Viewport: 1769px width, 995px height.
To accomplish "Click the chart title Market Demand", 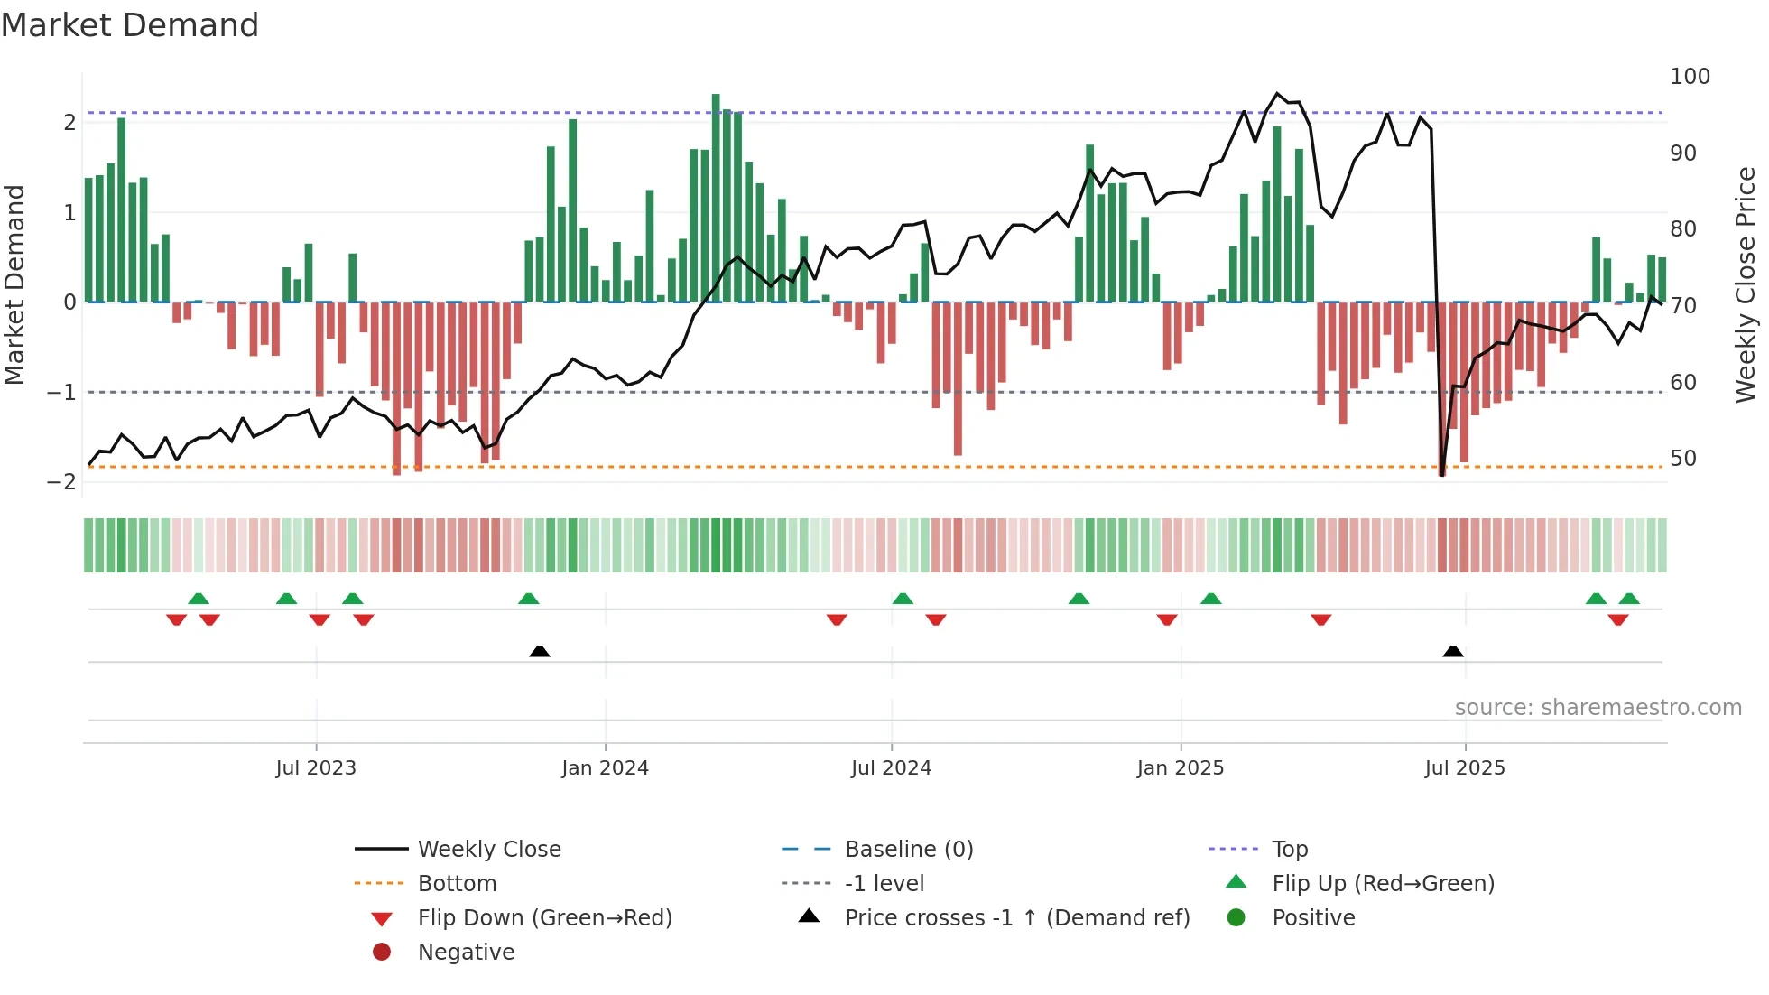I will (x=130, y=25).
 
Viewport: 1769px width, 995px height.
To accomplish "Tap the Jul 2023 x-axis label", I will (x=316, y=768).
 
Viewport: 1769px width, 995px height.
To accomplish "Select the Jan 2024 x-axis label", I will (x=605, y=768).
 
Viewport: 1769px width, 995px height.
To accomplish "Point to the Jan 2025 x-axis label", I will (x=1180, y=768).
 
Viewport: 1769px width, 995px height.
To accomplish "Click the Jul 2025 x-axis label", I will (x=1465, y=768).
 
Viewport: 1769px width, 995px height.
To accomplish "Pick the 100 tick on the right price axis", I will (x=1690, y=77).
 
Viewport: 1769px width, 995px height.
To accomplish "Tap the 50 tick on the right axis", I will (x=1682, y=459).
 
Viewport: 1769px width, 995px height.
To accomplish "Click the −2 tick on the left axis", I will (x=61, y=481).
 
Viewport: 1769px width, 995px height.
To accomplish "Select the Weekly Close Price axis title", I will (x=1746, y=284).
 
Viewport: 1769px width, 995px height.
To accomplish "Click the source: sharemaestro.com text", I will (x=1598, y=708).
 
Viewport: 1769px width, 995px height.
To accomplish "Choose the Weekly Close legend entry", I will (x=488, y=850).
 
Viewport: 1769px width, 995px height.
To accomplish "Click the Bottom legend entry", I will (x=457, y=884).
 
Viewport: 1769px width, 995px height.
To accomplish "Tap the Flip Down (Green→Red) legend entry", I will (x=544, y=918).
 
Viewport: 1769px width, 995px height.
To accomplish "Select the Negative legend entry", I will (x=466, y=953).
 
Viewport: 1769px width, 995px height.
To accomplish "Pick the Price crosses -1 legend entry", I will (x=1016, y=918).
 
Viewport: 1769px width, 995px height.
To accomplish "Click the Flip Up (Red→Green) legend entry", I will (x=1383, y=884).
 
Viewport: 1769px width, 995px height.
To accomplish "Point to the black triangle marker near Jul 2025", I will (x=1453, y=651).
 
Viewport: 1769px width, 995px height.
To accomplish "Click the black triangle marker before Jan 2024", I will (x=540, y=651).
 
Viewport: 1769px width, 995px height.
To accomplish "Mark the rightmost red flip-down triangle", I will (x=1617, y=619).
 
